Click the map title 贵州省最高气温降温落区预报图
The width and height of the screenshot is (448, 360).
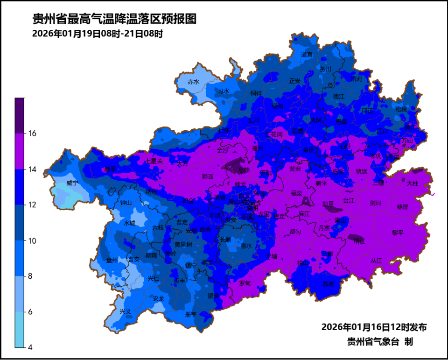click(114, 19)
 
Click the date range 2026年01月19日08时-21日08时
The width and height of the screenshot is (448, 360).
click(97, 34)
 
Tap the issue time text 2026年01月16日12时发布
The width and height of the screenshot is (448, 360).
click(374, 327)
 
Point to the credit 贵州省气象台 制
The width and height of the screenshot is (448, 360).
click(379, 342)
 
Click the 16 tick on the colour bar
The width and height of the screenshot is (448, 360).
click(32, 134)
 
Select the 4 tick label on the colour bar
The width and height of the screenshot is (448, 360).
click(30, 347)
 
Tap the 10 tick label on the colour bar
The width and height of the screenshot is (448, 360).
click(32, 241)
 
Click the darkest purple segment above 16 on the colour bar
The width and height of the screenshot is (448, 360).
click(20, 115)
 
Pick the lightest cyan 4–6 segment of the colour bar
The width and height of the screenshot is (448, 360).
click(20, 330)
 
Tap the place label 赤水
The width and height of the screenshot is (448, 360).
click(193, 81)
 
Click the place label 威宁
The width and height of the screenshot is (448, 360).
click(72, 183)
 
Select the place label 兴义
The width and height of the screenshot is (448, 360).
click(125, 311)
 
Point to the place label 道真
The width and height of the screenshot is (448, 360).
click(307, 54)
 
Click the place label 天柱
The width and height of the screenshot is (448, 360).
click(413, 183)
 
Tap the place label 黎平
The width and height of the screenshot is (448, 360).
click(398, 232)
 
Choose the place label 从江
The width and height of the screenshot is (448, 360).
click(376, 260)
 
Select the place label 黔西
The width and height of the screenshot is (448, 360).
click(208, 176)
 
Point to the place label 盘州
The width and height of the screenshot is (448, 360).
click(112, 260)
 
